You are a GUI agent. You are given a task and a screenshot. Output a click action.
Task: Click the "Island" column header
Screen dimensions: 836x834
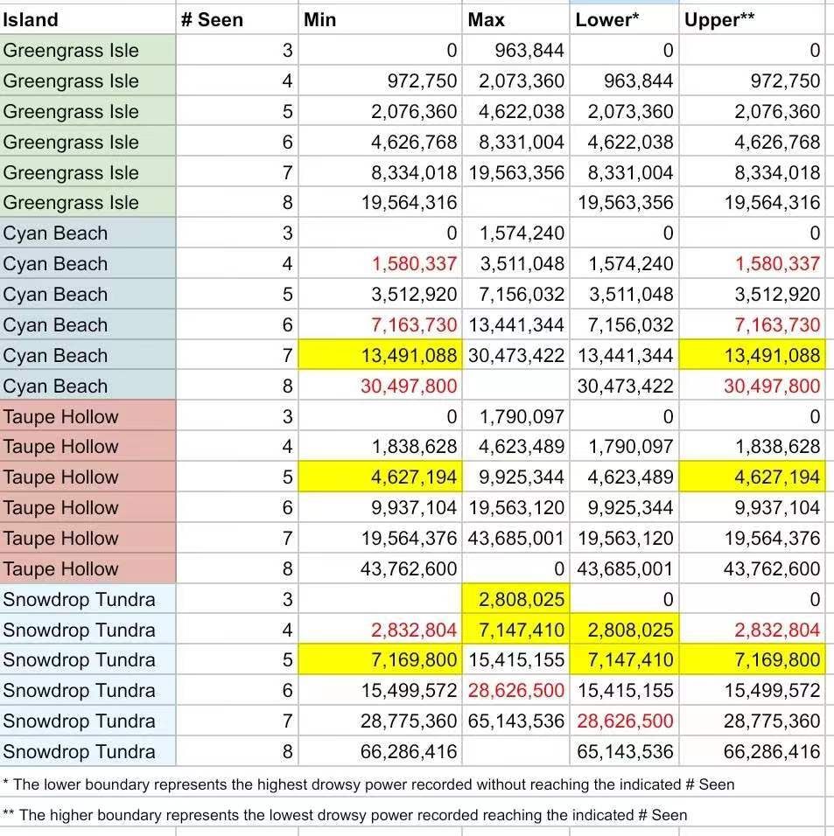(32, 19)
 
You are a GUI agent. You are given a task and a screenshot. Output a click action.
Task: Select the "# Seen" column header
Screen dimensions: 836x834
(212, 19)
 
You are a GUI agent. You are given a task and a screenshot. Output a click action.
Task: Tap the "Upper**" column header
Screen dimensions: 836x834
(719, 19)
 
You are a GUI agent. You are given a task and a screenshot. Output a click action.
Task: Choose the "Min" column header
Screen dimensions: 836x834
(320, 19)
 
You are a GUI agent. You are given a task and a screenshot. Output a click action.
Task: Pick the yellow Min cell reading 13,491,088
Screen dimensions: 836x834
(409, 356)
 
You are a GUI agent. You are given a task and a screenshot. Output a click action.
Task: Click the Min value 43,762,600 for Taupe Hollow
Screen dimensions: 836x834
(409, 569)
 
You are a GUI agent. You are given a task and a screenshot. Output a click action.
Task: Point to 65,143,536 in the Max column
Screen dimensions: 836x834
(516, 721)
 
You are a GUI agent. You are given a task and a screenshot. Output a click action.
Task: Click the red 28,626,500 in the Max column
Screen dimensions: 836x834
(516, 691)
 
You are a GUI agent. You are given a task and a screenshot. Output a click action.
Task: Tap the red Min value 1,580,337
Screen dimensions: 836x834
(415, 264)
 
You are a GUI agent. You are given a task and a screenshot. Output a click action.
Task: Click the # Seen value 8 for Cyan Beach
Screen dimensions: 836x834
(287, 387)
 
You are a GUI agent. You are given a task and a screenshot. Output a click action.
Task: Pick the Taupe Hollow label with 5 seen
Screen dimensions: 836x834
(60, 477)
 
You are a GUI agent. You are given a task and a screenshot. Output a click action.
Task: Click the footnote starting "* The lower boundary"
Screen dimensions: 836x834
(368, 784)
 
